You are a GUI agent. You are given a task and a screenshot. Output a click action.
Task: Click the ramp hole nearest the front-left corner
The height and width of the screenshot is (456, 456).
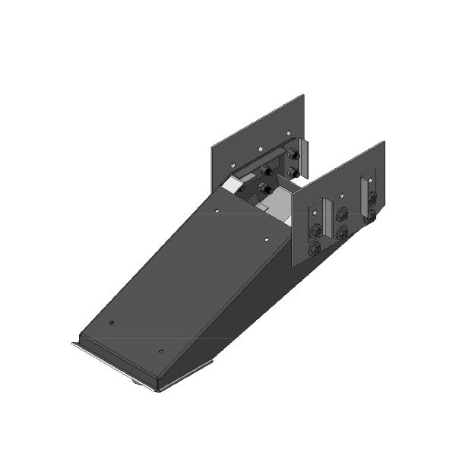(x=111, y=322)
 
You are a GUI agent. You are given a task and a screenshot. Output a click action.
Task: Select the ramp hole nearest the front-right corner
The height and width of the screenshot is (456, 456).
(x=161, y=351)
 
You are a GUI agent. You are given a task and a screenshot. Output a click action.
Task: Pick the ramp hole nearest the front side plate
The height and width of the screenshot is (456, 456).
(x=266, y=239)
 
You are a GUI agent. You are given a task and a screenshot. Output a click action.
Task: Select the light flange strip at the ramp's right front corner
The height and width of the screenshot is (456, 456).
(x=186, y=375)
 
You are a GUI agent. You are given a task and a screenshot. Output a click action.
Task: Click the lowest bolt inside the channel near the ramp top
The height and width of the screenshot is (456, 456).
(x=265, y=187)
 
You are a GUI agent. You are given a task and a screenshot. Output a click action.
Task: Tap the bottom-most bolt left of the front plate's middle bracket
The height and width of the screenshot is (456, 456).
(x=314, y=249)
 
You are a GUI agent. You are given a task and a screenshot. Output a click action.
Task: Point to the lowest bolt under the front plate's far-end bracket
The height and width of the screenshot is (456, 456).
(x=372, y=217)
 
